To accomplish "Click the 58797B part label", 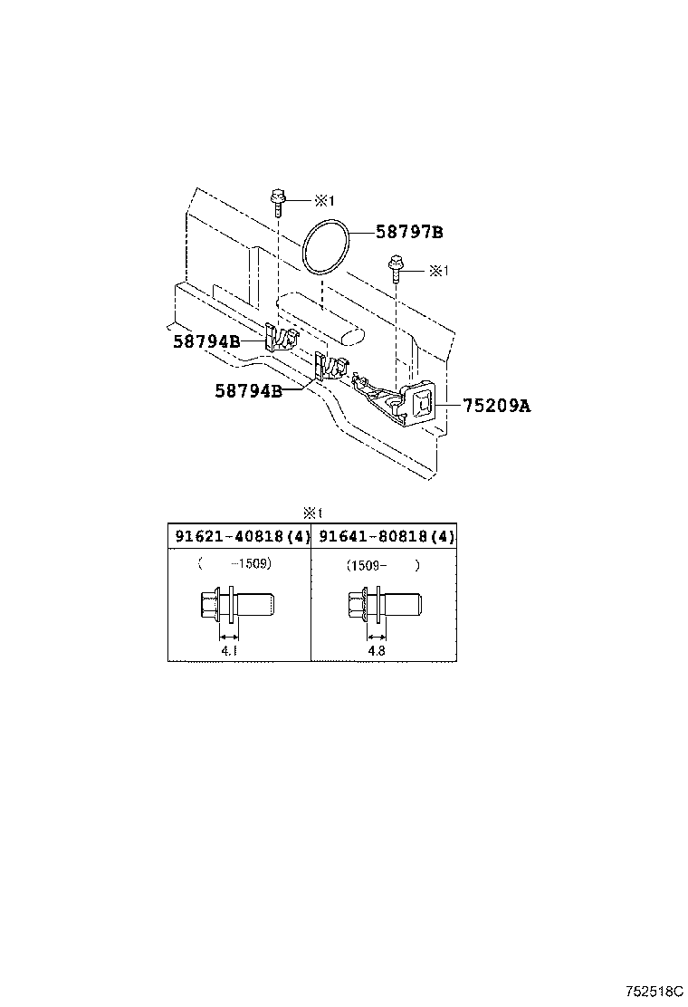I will (x=409, y=233).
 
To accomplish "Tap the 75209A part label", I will (x=496, y=407).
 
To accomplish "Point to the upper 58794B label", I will (x=206, y=341).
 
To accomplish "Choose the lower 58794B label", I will (x=248, y=390).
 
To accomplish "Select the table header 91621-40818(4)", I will (x=240, y=536).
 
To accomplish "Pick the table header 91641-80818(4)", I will (x=383, y=536).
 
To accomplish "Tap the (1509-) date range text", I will (x=383, y=565).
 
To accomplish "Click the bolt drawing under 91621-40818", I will (x=235, y=604).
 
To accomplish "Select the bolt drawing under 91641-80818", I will (x=383, y=604).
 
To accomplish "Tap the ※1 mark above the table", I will (x=312, y=512).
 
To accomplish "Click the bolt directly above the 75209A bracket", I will (x=397, y=268).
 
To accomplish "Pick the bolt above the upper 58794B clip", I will (x=278, y=198).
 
